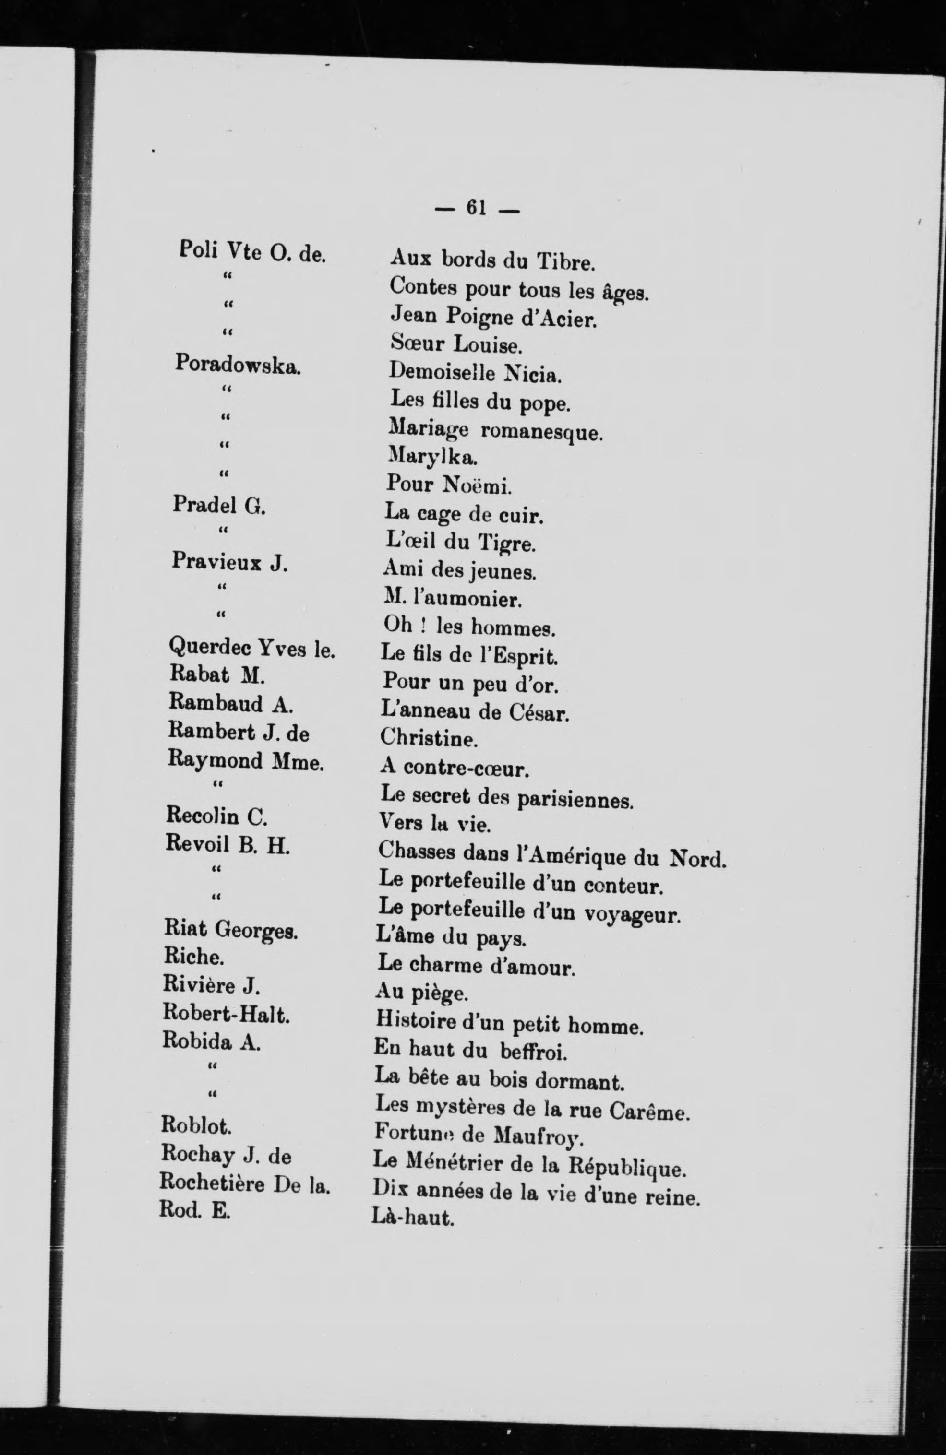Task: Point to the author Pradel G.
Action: [x=219, y=505]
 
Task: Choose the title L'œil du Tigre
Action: [x=462, y=542]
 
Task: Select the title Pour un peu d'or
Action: [x=470, y=683]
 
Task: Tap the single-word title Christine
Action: [x=429, y=738]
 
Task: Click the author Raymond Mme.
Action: [x=245, y=762]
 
